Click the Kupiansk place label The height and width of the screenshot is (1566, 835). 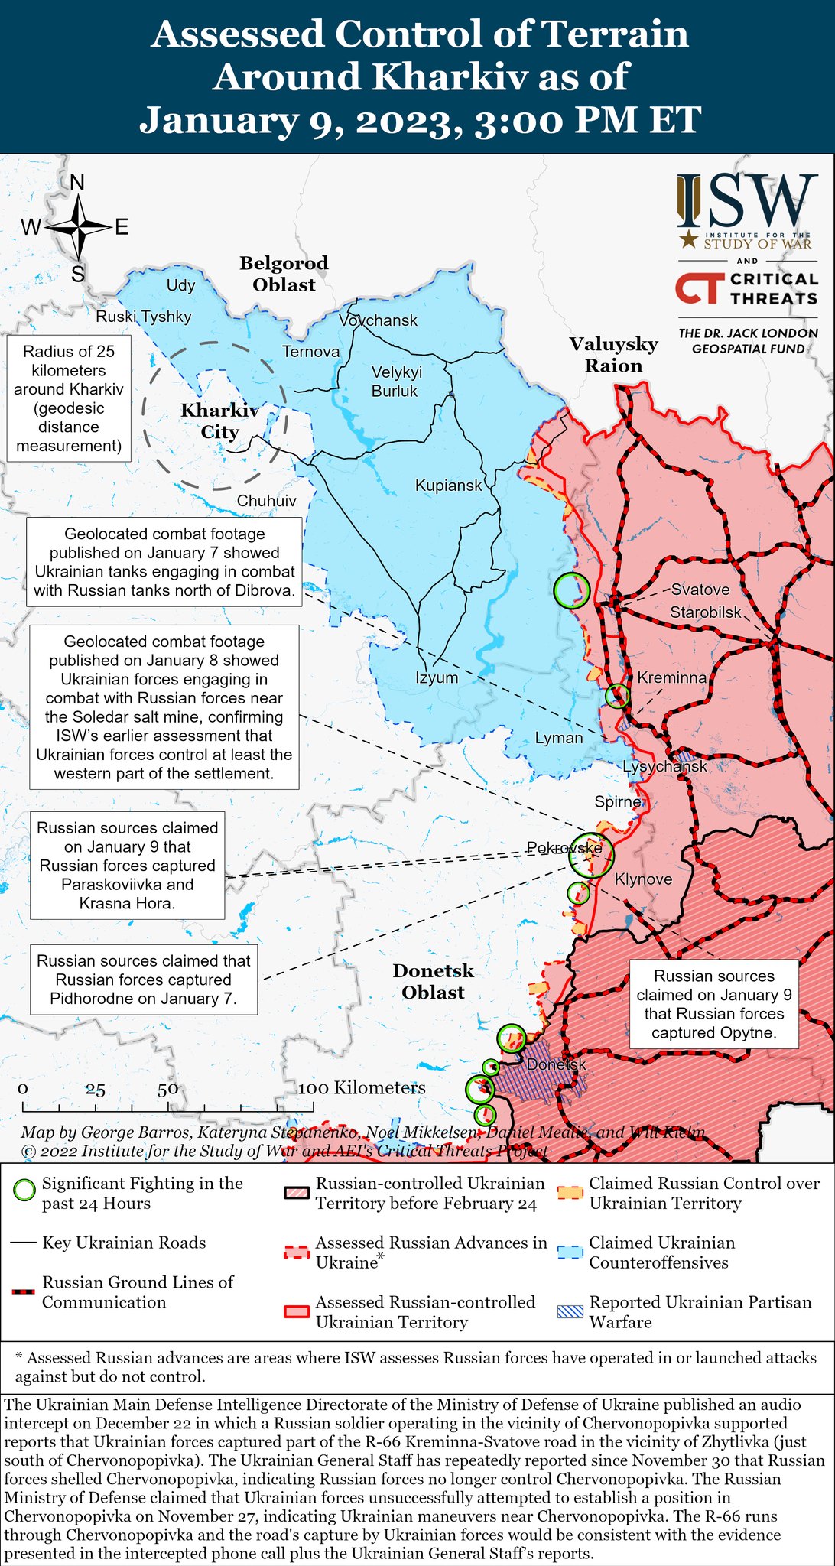(449, 485)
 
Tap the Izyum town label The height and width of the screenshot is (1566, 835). (437, 677)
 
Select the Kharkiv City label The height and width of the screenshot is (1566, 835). (219, 421)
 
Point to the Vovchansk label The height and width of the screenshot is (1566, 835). (379, 320)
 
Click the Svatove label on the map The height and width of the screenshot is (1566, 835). (700, 590)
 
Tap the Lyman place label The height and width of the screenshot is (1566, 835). (558, 738)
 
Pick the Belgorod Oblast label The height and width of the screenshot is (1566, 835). (284, 274)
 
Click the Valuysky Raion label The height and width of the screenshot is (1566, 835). (613, 354)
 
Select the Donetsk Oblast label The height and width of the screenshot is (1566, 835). (434, 981)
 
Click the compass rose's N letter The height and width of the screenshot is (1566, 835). (77, 182)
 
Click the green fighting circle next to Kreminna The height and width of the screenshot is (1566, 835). (617, 696)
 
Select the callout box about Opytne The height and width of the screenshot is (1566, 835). (713, 1004)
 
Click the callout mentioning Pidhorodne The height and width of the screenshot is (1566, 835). (144, 980)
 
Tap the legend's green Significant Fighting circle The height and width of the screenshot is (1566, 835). (25, 1191)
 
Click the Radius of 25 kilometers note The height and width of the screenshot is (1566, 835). (69, 398)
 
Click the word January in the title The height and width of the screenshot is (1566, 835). (232, 120)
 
